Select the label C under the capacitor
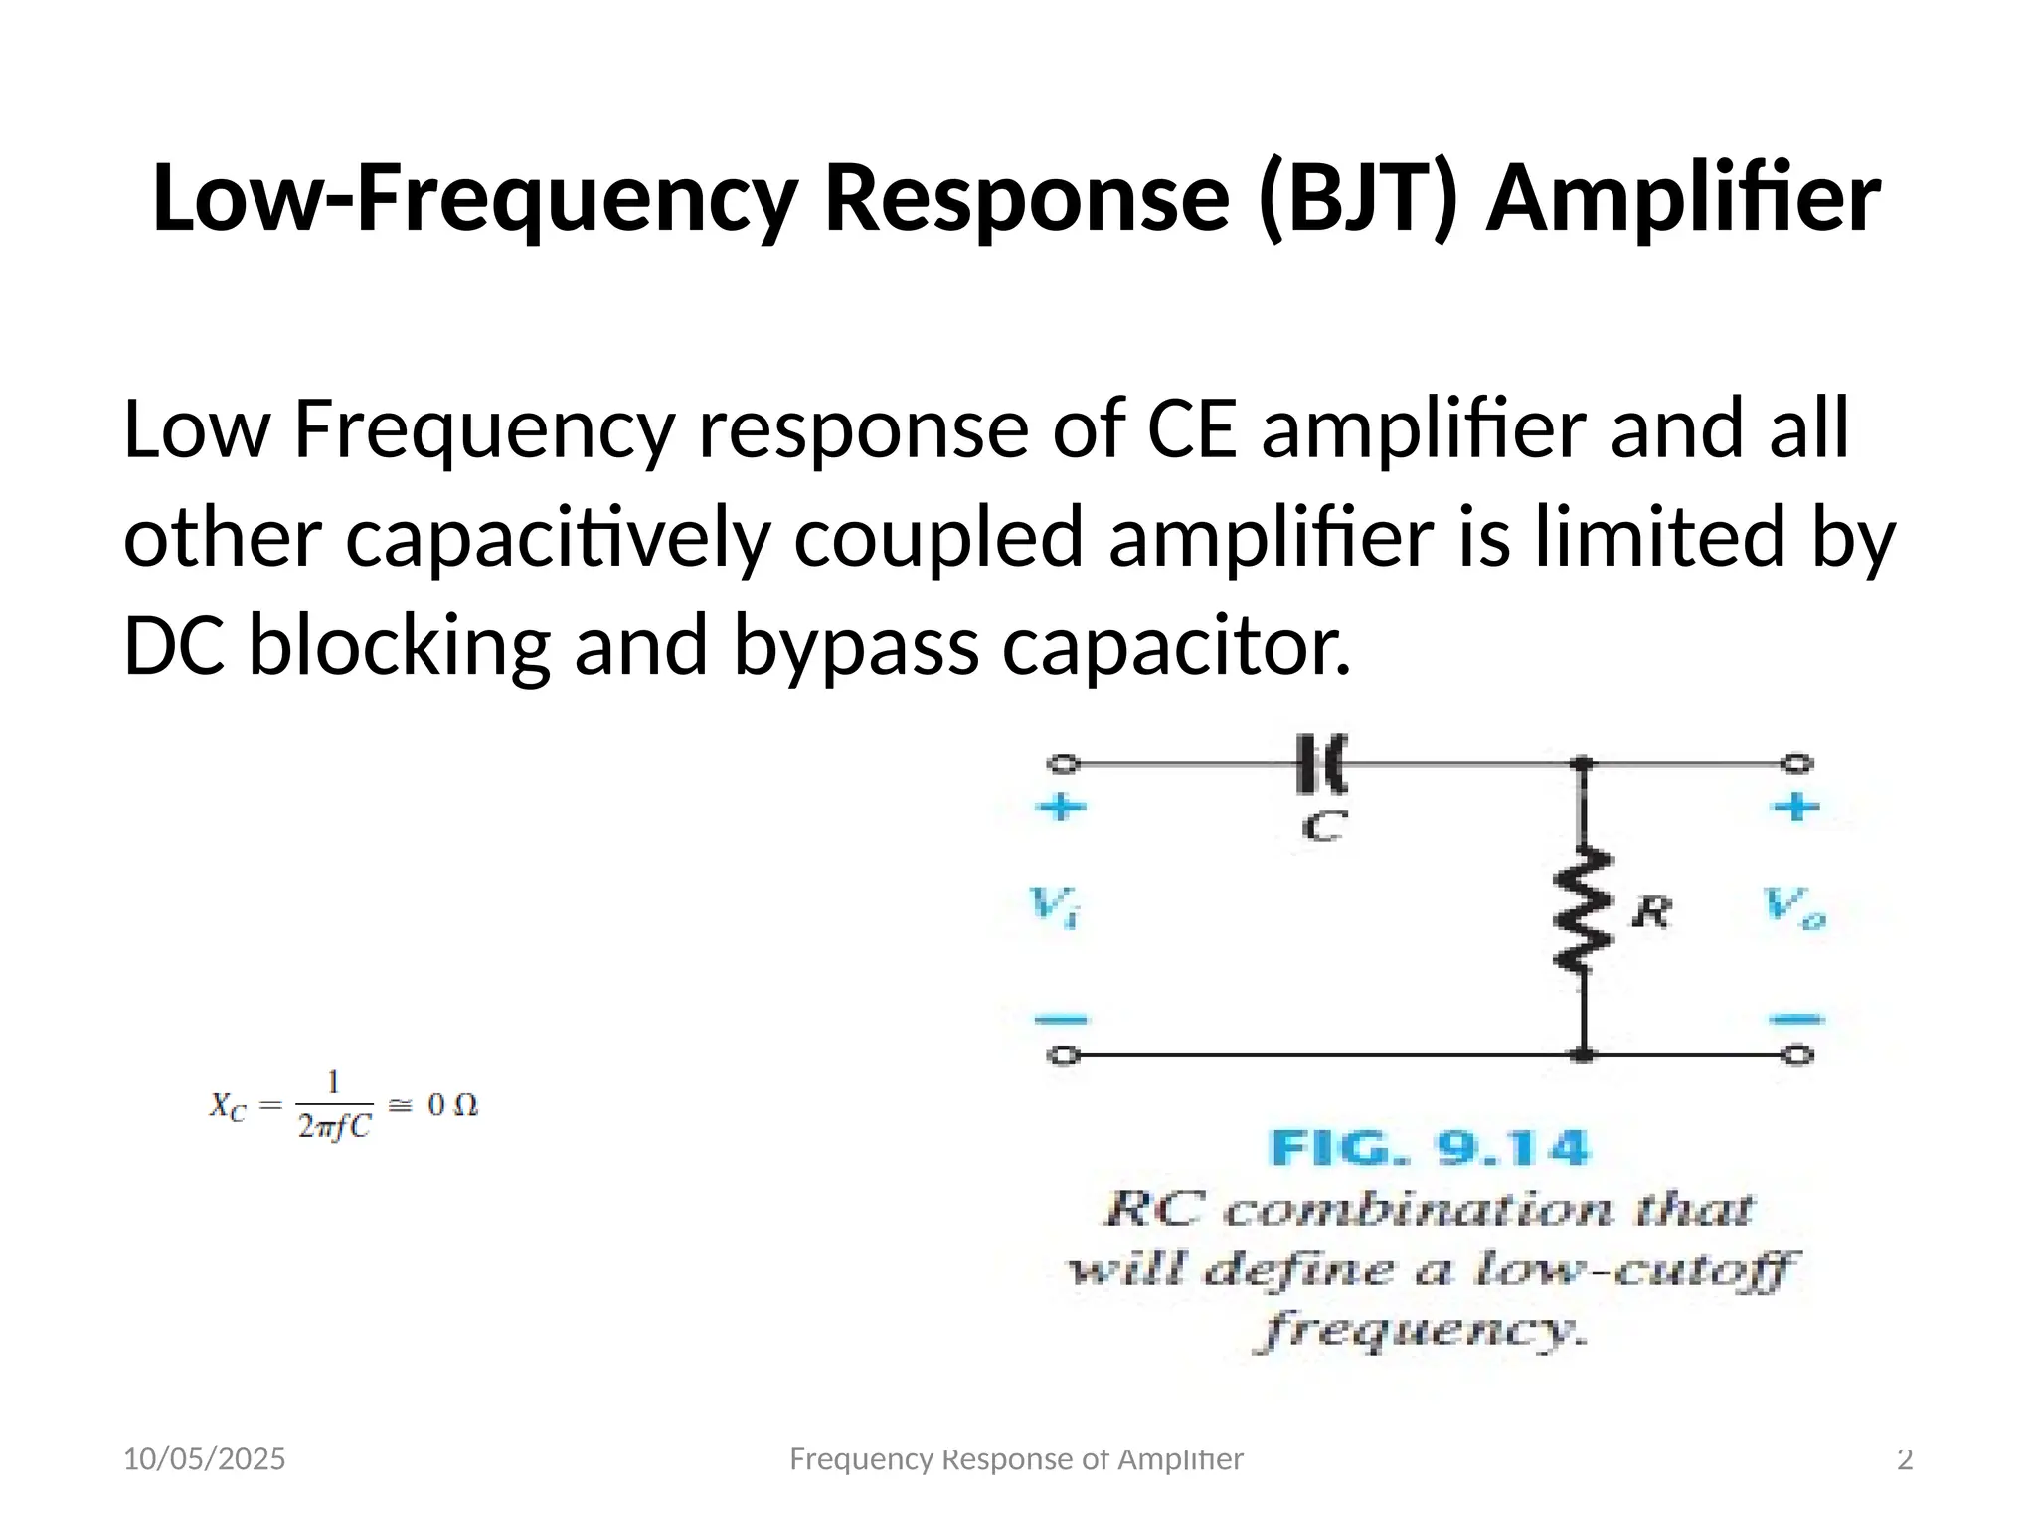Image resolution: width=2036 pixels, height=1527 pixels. point(1324,825)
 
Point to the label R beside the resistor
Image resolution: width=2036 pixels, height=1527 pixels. point(1651,910)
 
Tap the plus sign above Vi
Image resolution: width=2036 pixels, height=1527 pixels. point(1061,806)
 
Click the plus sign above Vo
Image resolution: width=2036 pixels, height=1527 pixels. point(1796,806)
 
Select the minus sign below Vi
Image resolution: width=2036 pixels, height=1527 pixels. point(1061,1019)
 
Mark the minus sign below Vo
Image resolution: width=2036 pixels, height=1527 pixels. point(1796,1019)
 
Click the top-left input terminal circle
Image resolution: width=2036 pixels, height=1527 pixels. point(1064,763)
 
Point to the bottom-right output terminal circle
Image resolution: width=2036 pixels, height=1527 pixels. point(1796,1055)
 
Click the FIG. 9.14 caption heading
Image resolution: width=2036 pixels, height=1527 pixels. point(1430,1149)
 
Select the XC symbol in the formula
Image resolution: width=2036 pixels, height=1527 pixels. point(227,1106)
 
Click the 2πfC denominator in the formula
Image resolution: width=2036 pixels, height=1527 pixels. point(334,1127)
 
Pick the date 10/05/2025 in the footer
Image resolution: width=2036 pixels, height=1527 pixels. point(204,1459)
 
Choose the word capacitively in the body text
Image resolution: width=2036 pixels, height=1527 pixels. point(558,538)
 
